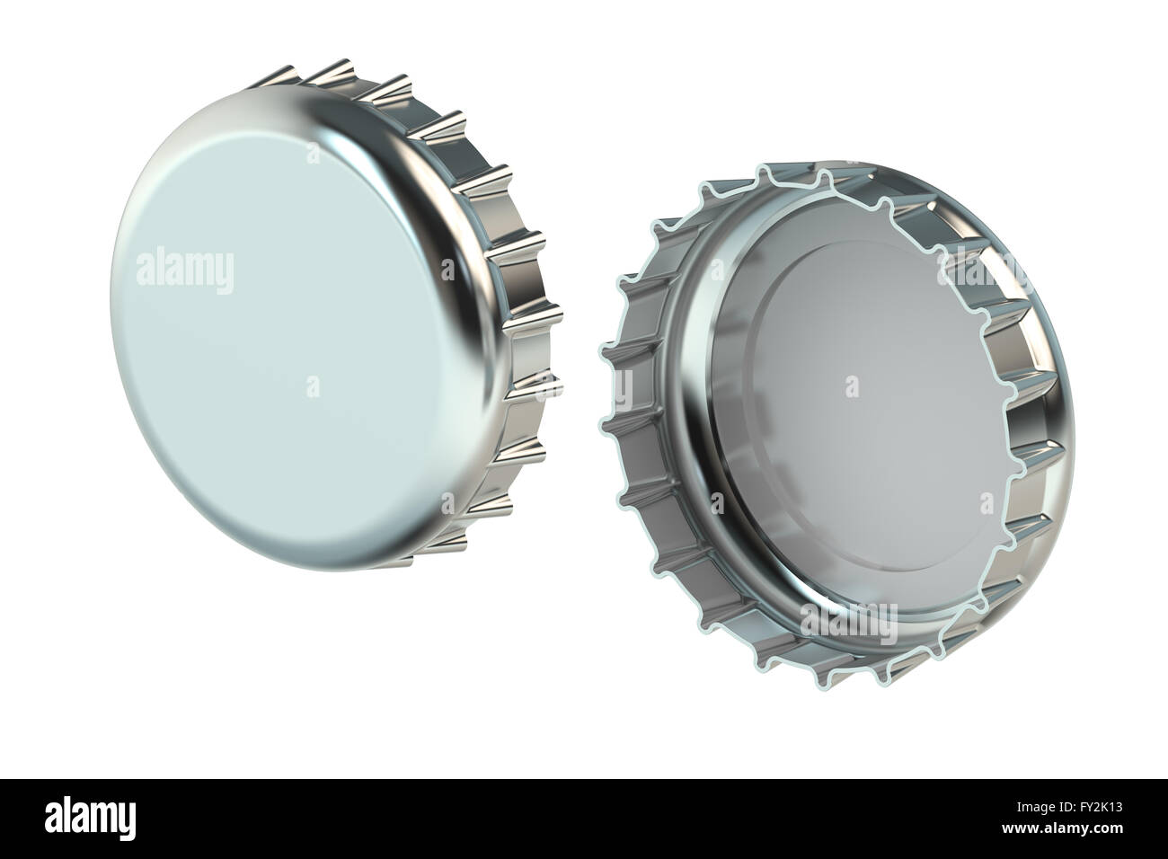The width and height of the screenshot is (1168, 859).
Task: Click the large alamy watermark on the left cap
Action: pos(185,269)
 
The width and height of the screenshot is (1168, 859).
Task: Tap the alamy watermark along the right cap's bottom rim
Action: pos(848,618)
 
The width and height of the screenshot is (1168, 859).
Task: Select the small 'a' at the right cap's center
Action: pos(850,386)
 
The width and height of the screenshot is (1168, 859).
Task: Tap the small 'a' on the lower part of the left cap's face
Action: pos(313,386)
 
